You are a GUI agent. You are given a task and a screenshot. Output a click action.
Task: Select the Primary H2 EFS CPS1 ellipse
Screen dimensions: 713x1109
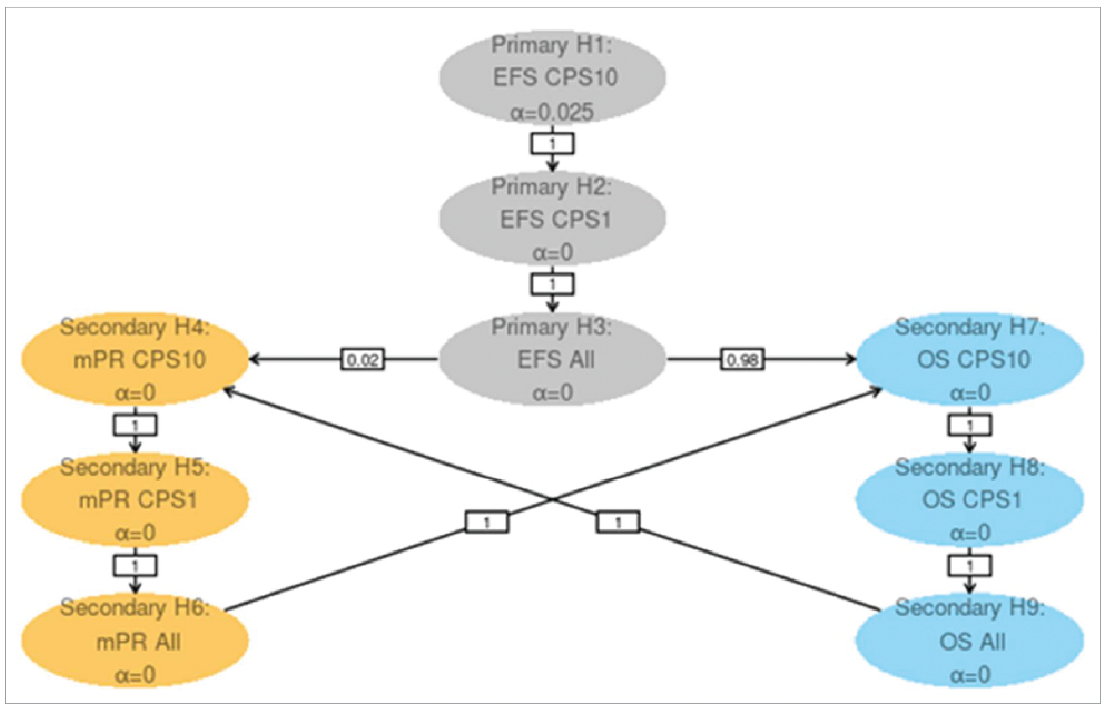pos(552,219)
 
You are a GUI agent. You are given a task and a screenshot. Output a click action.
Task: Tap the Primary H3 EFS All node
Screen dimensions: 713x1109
pos(552,359)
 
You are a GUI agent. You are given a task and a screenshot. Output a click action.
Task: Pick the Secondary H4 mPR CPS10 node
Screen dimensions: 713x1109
pos(135,359)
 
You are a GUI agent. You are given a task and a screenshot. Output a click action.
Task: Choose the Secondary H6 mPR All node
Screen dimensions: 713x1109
pos(135,641)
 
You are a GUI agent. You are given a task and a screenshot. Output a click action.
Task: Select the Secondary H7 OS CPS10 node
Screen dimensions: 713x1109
pos(970,359)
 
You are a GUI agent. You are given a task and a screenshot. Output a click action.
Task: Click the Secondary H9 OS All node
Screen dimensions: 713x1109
pos(970,641)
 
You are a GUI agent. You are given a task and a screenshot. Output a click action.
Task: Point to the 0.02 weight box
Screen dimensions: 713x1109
pos(363,359)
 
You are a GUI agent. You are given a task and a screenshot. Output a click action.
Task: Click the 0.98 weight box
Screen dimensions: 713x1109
pos(742,359)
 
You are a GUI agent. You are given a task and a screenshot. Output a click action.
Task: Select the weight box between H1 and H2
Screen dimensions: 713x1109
pos(552,144)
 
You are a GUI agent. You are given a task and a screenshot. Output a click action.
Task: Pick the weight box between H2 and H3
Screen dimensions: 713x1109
pos(552,284)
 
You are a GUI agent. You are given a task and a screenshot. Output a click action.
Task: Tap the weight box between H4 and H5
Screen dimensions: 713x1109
pos(135,424)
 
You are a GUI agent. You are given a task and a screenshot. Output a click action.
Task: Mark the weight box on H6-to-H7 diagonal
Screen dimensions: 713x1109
pos(487,522)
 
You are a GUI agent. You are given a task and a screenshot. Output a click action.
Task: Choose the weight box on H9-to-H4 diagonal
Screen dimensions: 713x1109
pos(618,522)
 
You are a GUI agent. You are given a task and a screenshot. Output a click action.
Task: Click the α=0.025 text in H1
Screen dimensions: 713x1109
pos(552,112)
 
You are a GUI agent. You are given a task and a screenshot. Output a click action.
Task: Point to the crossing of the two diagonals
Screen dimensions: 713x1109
pos(552,499)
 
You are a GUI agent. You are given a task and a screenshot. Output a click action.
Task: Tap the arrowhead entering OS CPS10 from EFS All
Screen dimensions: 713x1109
pos(851,359)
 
